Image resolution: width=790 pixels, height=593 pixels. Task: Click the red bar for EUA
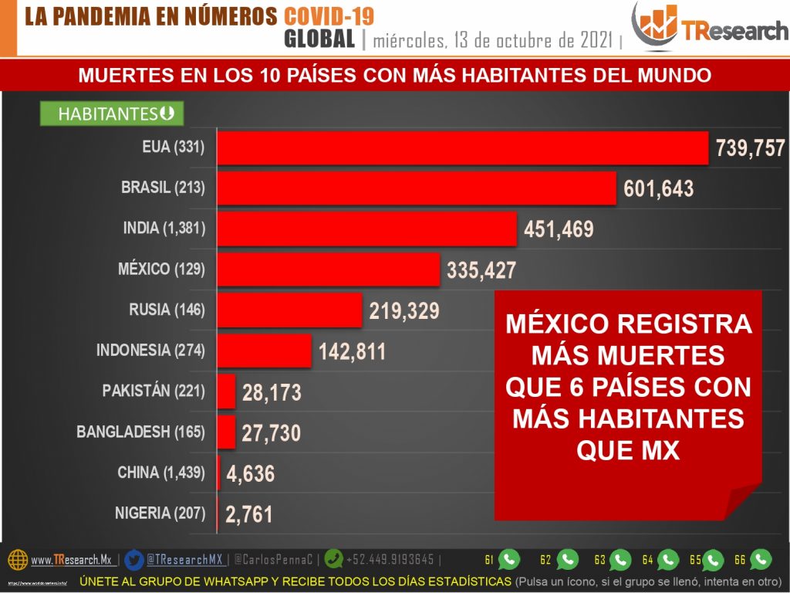[x=463, y=147]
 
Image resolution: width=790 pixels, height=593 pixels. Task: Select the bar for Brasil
[x=417, y=188]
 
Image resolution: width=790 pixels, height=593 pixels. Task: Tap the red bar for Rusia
[x=289, y=310]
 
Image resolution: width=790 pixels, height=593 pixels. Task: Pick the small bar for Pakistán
[x=226, y=391]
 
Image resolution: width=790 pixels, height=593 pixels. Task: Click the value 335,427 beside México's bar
[x=481, y=270]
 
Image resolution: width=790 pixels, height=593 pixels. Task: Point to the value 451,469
[x=559, y=229]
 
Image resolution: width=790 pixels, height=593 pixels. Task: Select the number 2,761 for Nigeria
[x=249, y=513]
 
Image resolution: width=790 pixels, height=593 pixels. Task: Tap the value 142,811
[x=352, y=352]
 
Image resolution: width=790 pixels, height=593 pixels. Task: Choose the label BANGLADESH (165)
[x=141, y=432]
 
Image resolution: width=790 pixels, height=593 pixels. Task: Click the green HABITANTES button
[x=111, y=114]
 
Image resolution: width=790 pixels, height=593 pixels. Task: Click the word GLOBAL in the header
[x=319, y=39]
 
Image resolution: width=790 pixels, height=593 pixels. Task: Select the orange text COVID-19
[x=329, y=16]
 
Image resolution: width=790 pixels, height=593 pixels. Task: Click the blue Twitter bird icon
[x=133, y=559]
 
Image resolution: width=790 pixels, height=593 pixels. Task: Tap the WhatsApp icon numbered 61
[x=509, y=559]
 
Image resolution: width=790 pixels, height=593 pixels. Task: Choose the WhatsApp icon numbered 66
[x=761, y=559]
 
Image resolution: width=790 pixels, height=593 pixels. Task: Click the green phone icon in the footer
[x=334, y=559]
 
